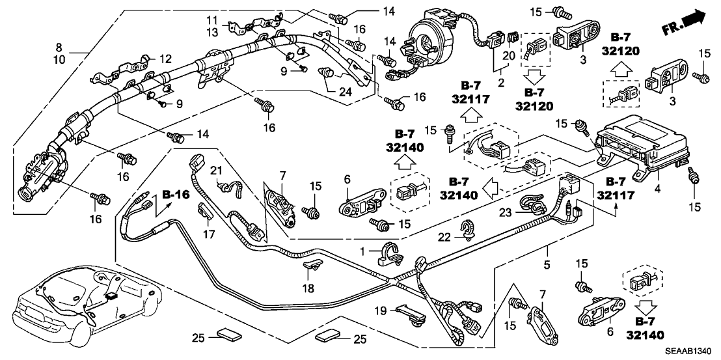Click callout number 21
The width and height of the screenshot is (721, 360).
[215, 171]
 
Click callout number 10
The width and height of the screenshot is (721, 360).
[59, 59]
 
